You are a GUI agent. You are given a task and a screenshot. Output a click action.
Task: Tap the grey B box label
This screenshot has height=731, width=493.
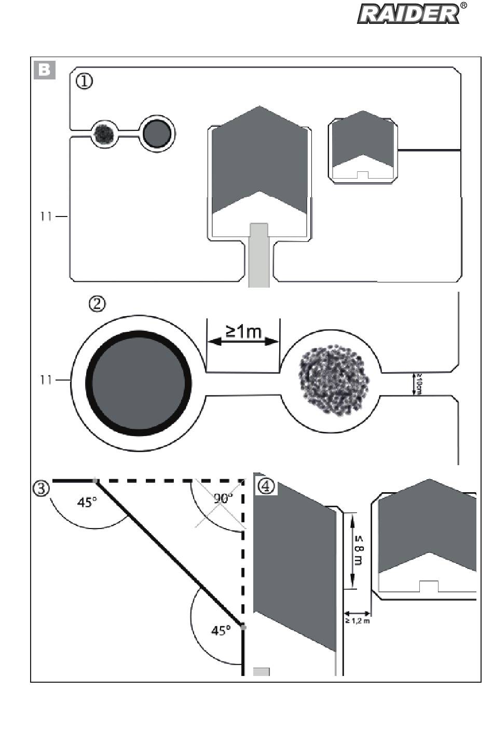[x=45, y=70]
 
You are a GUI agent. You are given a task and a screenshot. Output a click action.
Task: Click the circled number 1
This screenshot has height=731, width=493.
[x=84, y=81]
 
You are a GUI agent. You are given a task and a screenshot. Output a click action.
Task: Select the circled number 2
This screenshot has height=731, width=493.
[x=97, y=304]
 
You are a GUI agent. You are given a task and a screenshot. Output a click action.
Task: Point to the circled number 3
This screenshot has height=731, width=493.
[x=42, y=489]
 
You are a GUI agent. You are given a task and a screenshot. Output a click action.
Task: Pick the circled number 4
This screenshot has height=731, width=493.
[x=266, y=486]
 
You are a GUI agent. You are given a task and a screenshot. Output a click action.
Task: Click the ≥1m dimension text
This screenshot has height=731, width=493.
[x=244, y=331]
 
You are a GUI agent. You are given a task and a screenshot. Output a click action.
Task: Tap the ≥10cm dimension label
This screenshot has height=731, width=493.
[x=418, y=384]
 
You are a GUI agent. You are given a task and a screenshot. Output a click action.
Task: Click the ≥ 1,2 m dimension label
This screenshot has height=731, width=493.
[x=358, y=621]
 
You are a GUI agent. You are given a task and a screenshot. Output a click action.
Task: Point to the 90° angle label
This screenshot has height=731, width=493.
[x=224, y=498]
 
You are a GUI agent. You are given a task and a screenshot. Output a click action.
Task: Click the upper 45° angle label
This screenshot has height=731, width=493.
[x=87, y=502]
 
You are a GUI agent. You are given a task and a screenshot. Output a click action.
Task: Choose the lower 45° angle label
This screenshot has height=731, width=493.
[x=221, y=630]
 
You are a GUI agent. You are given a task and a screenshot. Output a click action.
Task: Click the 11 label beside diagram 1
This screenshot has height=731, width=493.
[x=46, y=216]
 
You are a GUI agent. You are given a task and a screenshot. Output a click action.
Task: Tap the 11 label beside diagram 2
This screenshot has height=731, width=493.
[x=46, y=380]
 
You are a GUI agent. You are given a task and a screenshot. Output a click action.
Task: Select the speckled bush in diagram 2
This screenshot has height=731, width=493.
[x=334, y=380]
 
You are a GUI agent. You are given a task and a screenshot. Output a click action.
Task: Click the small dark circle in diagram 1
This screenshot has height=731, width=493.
[x=157, y=134]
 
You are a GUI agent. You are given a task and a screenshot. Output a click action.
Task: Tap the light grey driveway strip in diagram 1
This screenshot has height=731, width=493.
[x=259, y=255]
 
